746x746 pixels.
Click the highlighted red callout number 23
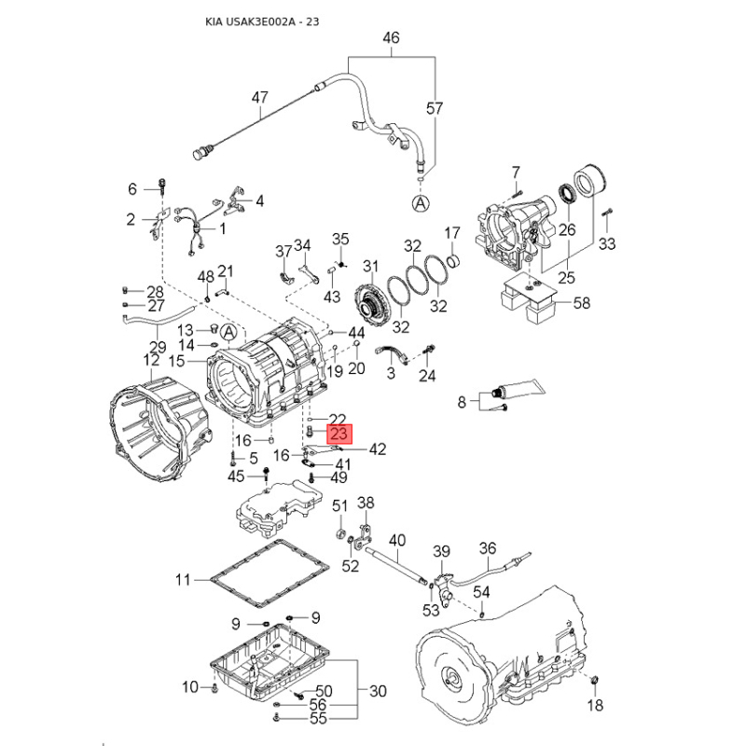(x=338, y=434)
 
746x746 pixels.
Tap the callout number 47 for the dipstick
(x=258, y=97)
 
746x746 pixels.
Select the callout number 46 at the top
(x=392, y=38)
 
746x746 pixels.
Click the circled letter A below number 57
(x=421, y=202)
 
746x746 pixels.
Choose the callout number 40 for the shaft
(x=397, y=539)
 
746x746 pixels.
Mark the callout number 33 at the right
(x=607, y=244)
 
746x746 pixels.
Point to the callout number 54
(x=481, y=592)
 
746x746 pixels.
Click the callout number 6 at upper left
(x=132, y=188)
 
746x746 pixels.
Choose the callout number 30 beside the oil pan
(x=378, y=692)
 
